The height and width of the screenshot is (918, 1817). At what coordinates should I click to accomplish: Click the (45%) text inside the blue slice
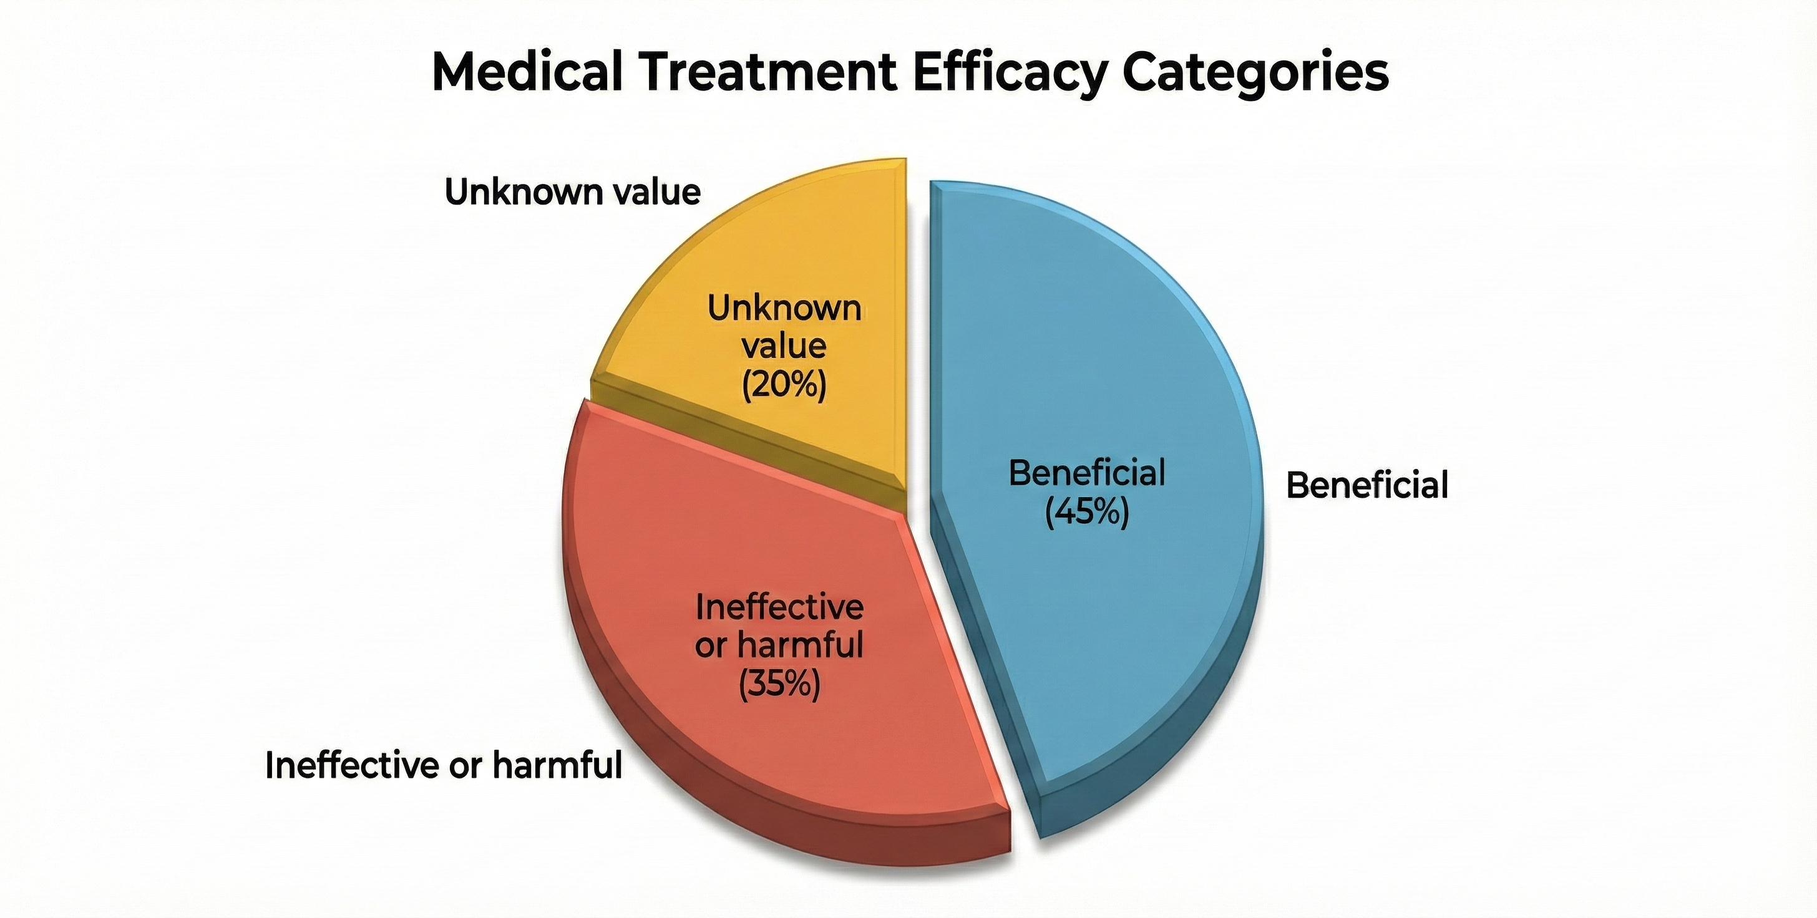(1086, 513)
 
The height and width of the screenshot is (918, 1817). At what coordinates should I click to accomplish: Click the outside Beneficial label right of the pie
(1367, 486)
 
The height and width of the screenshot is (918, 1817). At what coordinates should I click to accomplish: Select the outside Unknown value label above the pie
(573, 192)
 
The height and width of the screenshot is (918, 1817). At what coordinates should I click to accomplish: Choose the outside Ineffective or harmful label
(444, 765)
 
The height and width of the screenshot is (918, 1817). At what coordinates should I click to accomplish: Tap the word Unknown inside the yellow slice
(784, 308)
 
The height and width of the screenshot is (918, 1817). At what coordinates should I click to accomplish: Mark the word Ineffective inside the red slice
(779, 607)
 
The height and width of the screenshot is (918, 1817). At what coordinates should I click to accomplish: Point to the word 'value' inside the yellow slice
(784, 346)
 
